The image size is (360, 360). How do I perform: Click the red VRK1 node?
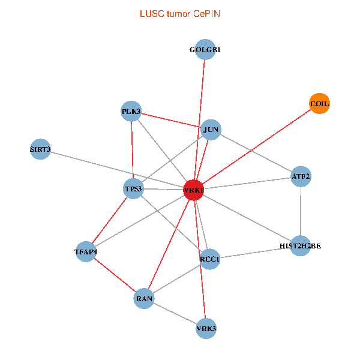(193, 190)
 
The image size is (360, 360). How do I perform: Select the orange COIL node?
(319, 104)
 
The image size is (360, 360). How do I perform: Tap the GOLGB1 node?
(205, 50)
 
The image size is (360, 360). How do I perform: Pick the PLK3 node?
(131, 111)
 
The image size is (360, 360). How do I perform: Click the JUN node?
(211, 129)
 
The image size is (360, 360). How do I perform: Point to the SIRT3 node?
(40, 149)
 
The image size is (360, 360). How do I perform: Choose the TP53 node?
(133, 189)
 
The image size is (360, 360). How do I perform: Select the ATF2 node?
(301, 176)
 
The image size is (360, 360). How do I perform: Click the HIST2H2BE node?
(301, 245)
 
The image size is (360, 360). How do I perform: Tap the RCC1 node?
(210, 259)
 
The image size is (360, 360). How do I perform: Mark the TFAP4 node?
(86, 251)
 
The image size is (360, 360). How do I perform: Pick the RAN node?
(144, 298)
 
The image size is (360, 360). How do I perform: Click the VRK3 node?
(206, 328)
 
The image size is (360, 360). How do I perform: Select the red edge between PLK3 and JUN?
(171, 120)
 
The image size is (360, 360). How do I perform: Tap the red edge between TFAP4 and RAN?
(115, 275)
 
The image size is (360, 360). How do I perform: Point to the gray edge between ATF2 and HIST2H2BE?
(301, 211)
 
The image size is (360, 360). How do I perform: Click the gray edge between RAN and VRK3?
(175, 313)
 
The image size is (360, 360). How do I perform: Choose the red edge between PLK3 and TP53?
(131, 150)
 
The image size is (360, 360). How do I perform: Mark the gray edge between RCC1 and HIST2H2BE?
(255, 252)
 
